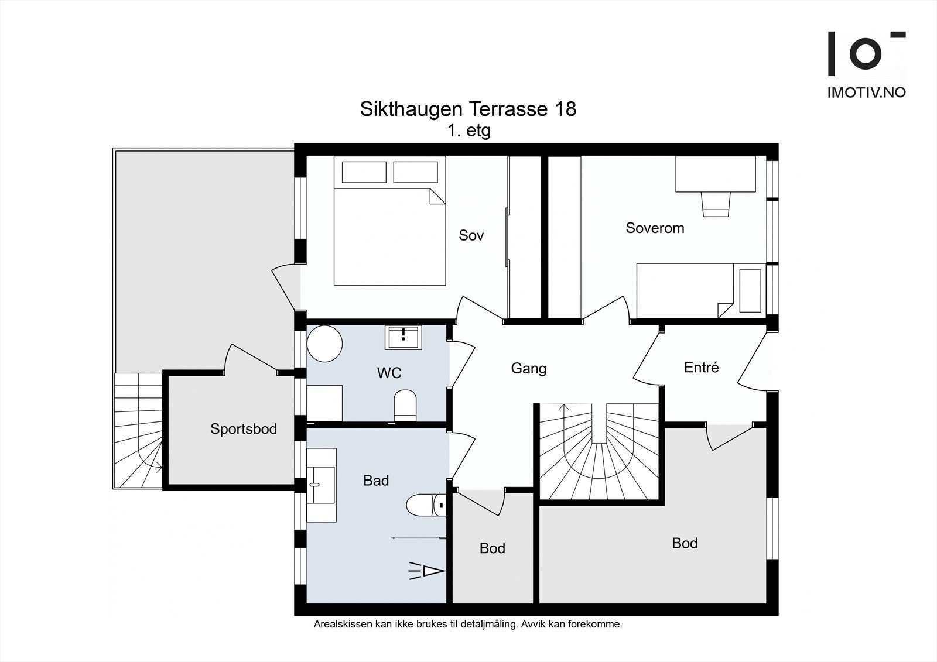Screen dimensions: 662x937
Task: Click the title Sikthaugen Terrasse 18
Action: (x=468, y=109)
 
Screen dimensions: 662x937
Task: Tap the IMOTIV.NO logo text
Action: (x=866, y=92)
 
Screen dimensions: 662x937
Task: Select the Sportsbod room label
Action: (x=244, y=429)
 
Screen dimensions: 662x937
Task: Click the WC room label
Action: (x=389, y=373)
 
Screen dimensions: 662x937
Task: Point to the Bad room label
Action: (x=376, y=481)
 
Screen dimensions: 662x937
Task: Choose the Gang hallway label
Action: (x=528, y=368)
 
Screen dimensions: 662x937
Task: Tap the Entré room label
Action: (x=701, y=368)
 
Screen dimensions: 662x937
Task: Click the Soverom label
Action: (x=655, y=228)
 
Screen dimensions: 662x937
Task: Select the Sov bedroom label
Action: (x=471, y=235)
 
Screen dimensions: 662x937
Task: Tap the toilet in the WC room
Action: (x=405, y=405)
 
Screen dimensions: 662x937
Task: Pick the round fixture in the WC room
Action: (x=324, y=344)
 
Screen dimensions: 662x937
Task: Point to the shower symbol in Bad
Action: (x=428, y=571)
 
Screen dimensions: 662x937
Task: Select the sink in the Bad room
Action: (x=321, y=485)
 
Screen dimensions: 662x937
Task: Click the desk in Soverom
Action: (x=715, y=174)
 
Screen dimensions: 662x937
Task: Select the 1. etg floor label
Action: (x=468, y=131)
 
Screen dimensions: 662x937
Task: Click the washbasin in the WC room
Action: (x=403, y=337)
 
